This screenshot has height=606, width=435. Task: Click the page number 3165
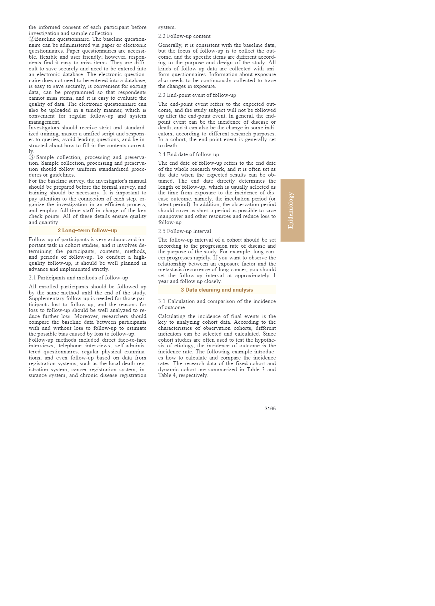point(270,408)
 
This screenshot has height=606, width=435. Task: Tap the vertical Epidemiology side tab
point(292,210)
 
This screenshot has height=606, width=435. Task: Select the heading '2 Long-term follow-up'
point(87,230)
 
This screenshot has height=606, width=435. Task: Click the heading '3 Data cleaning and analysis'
point(217,290)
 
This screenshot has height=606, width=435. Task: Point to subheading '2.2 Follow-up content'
point(184,36)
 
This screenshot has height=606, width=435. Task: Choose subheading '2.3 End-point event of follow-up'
point(197,95)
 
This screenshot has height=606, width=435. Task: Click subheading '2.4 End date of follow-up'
point(189,154)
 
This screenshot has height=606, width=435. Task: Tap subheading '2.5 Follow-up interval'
point(185,231)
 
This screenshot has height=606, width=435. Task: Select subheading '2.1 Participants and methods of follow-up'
point(78,278)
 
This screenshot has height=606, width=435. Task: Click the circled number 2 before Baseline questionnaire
point(31,39)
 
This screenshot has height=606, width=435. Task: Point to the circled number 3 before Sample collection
point(31,157)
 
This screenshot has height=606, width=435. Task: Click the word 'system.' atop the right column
point(167,28)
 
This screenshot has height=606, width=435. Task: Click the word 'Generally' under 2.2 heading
point(170,45)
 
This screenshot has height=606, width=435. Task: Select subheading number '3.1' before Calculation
point(162,301)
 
